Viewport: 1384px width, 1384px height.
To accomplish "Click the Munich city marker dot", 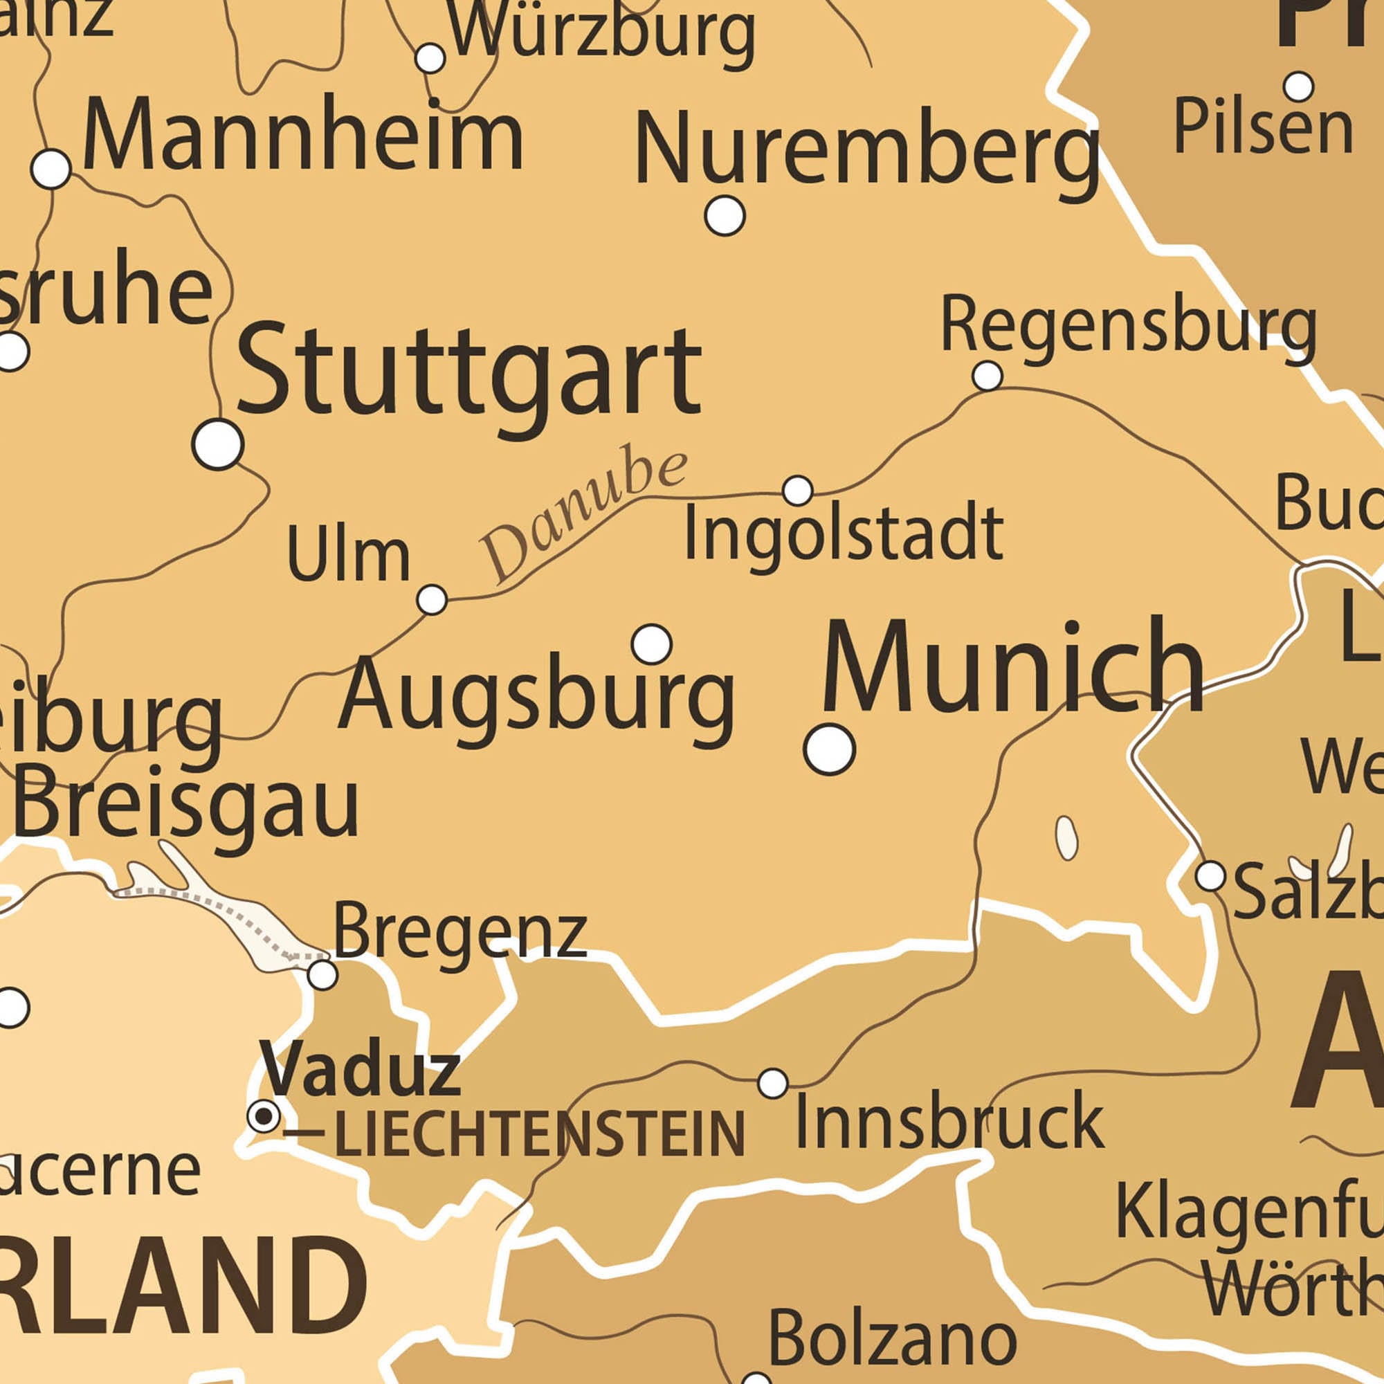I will click(830, 749).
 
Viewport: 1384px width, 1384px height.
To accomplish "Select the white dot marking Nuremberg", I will click(725, 215).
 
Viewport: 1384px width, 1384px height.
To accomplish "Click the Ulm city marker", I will click(432, 599).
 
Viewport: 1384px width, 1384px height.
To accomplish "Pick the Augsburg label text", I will click(536, 695).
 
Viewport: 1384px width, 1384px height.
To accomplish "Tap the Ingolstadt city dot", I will click(797, 491).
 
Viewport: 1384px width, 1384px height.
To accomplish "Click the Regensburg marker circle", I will click(987, 374).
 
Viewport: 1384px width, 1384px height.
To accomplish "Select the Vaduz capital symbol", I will click(264, 1116).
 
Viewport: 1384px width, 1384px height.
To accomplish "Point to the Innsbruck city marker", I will click(773, 1082).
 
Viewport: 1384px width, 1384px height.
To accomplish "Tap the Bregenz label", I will click(459, 934).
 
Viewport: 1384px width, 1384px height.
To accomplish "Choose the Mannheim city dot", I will click(52, 169).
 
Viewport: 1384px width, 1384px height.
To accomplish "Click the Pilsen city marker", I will click(1298, 86).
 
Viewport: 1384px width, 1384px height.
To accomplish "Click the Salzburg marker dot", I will click(1210, 875).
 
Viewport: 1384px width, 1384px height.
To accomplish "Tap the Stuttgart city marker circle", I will click(218, 444).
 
